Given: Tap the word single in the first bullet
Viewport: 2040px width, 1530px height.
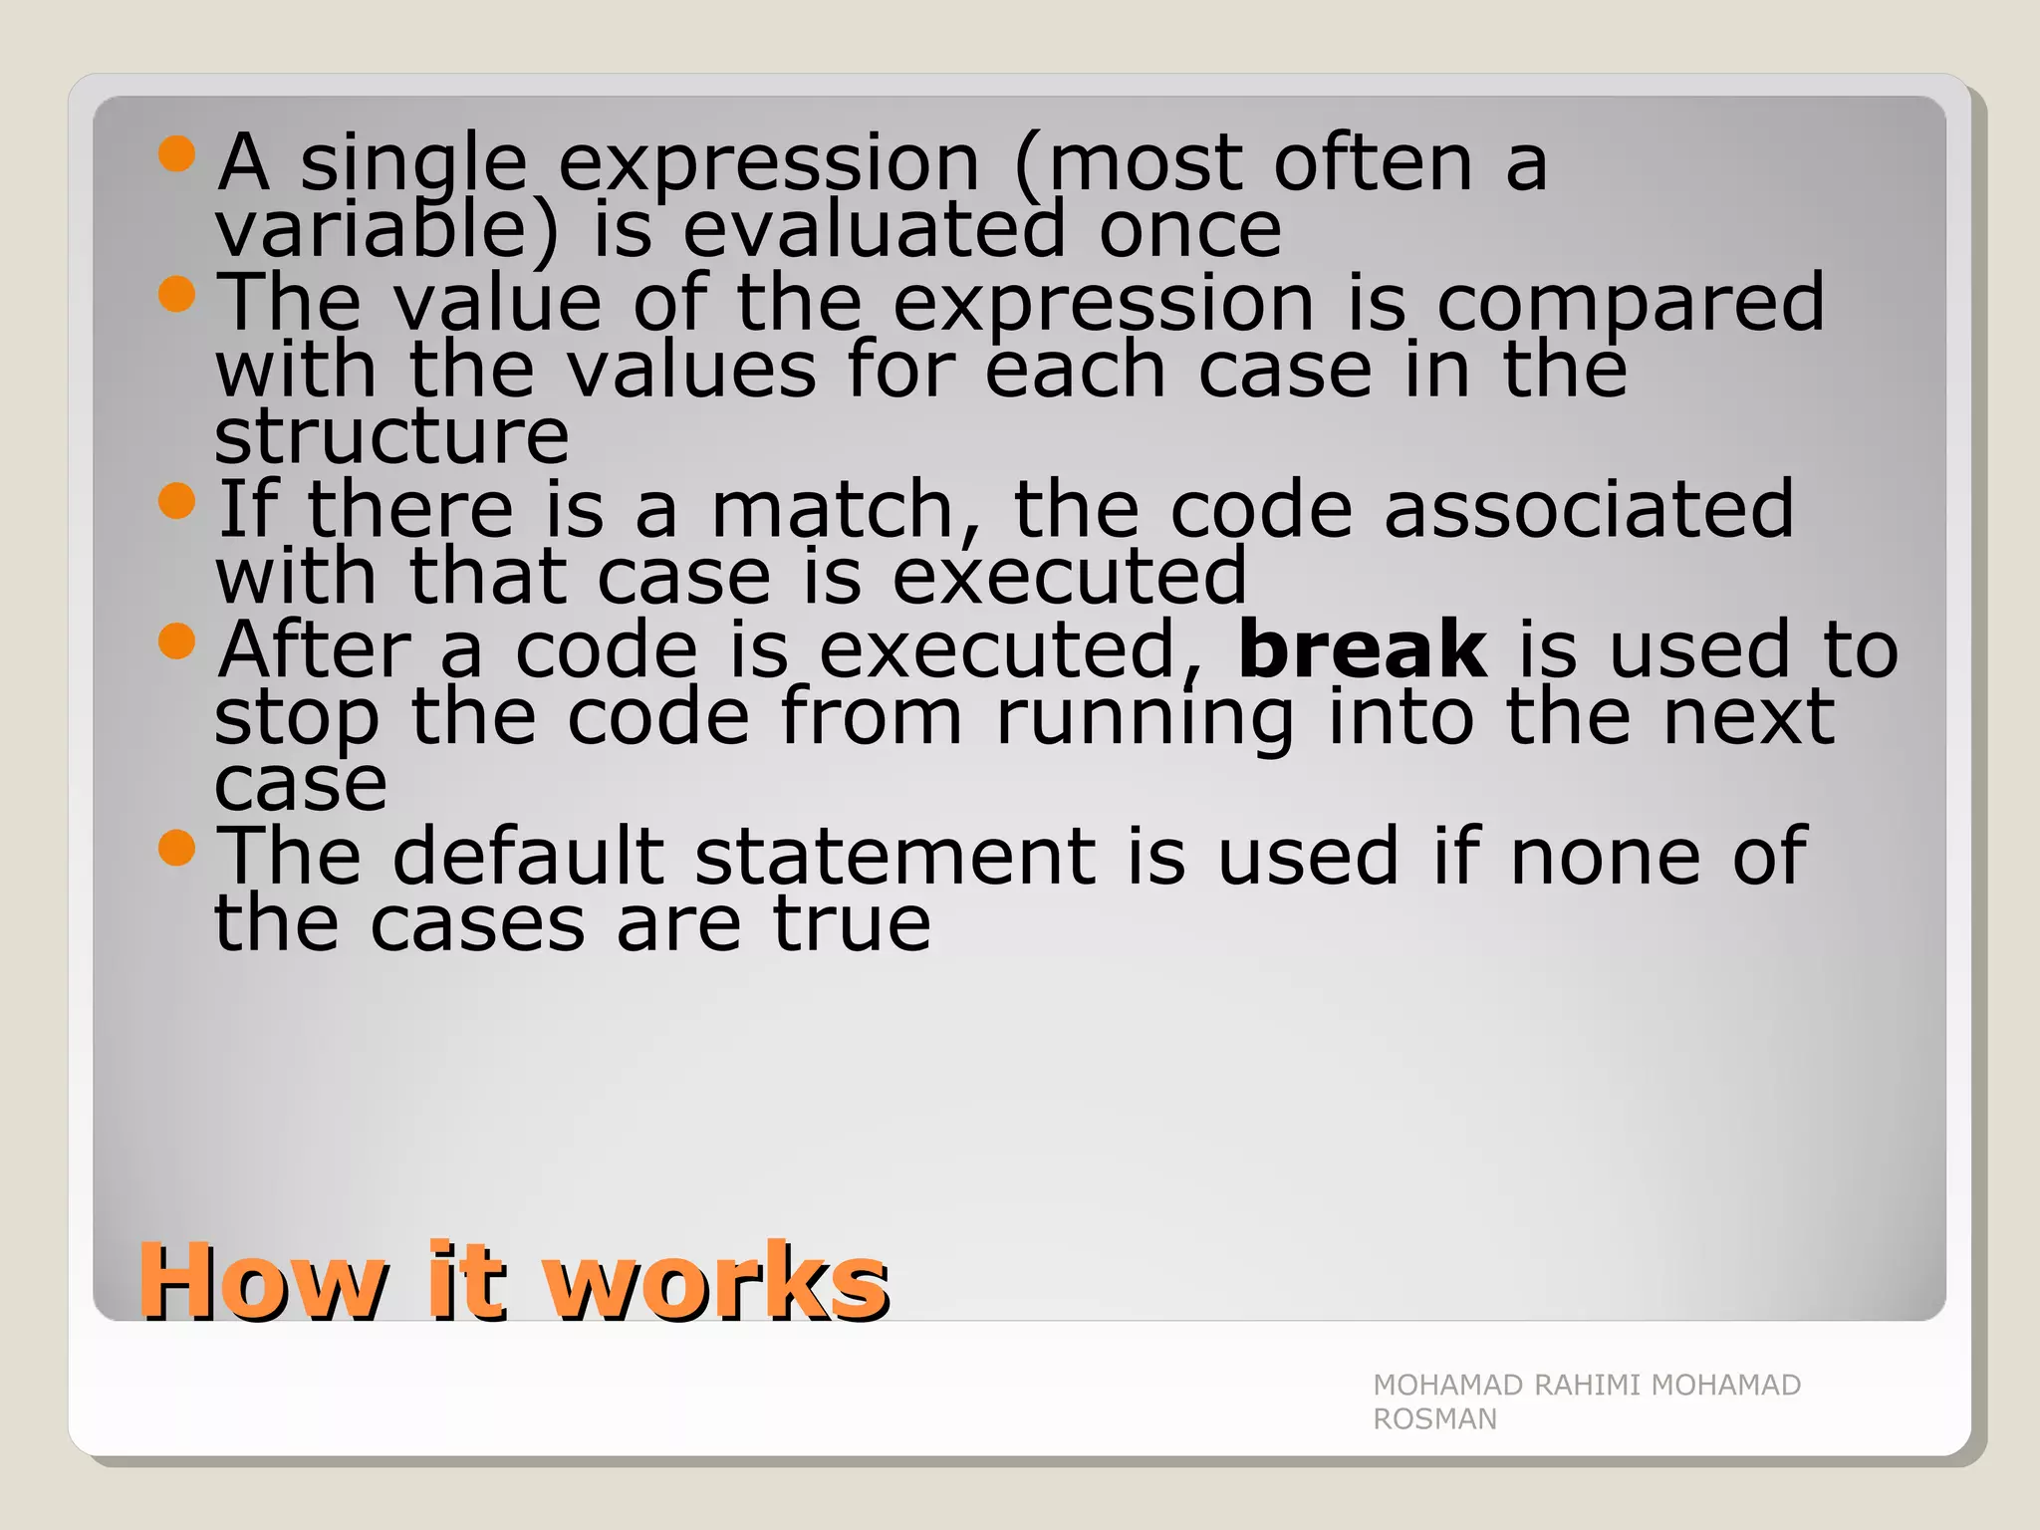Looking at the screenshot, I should point(412,164).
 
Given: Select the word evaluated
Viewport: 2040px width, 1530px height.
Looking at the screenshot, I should point(874,230).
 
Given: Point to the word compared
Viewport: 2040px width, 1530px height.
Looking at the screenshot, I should point(1631,304).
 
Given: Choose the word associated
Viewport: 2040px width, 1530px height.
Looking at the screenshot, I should point(1589,509).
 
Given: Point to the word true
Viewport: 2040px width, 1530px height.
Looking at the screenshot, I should point(852,923).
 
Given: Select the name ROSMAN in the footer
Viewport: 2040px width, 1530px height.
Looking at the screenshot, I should point(1434,1419).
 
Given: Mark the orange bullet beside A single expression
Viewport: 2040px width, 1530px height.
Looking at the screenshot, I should point(176,154).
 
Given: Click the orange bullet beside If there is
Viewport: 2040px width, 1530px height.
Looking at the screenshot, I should point(176,501).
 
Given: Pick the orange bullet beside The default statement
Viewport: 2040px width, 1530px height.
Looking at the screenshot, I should point(176,848).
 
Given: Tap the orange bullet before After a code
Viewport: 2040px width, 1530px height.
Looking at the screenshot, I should point(176,641).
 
